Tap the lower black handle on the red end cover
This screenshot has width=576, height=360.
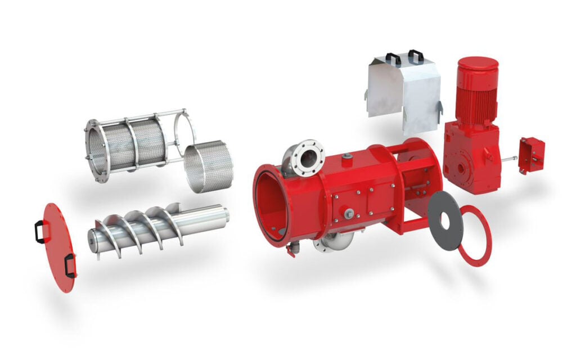(x=70, y=265)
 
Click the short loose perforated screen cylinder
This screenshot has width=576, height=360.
(x=208, y=165)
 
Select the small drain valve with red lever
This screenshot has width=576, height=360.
(x=290, y=249)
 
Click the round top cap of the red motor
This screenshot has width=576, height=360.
(x=478, y=63)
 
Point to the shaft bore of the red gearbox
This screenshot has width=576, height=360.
(x=462, y=167)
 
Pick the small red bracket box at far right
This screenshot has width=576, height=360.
(x=532, y=155)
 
